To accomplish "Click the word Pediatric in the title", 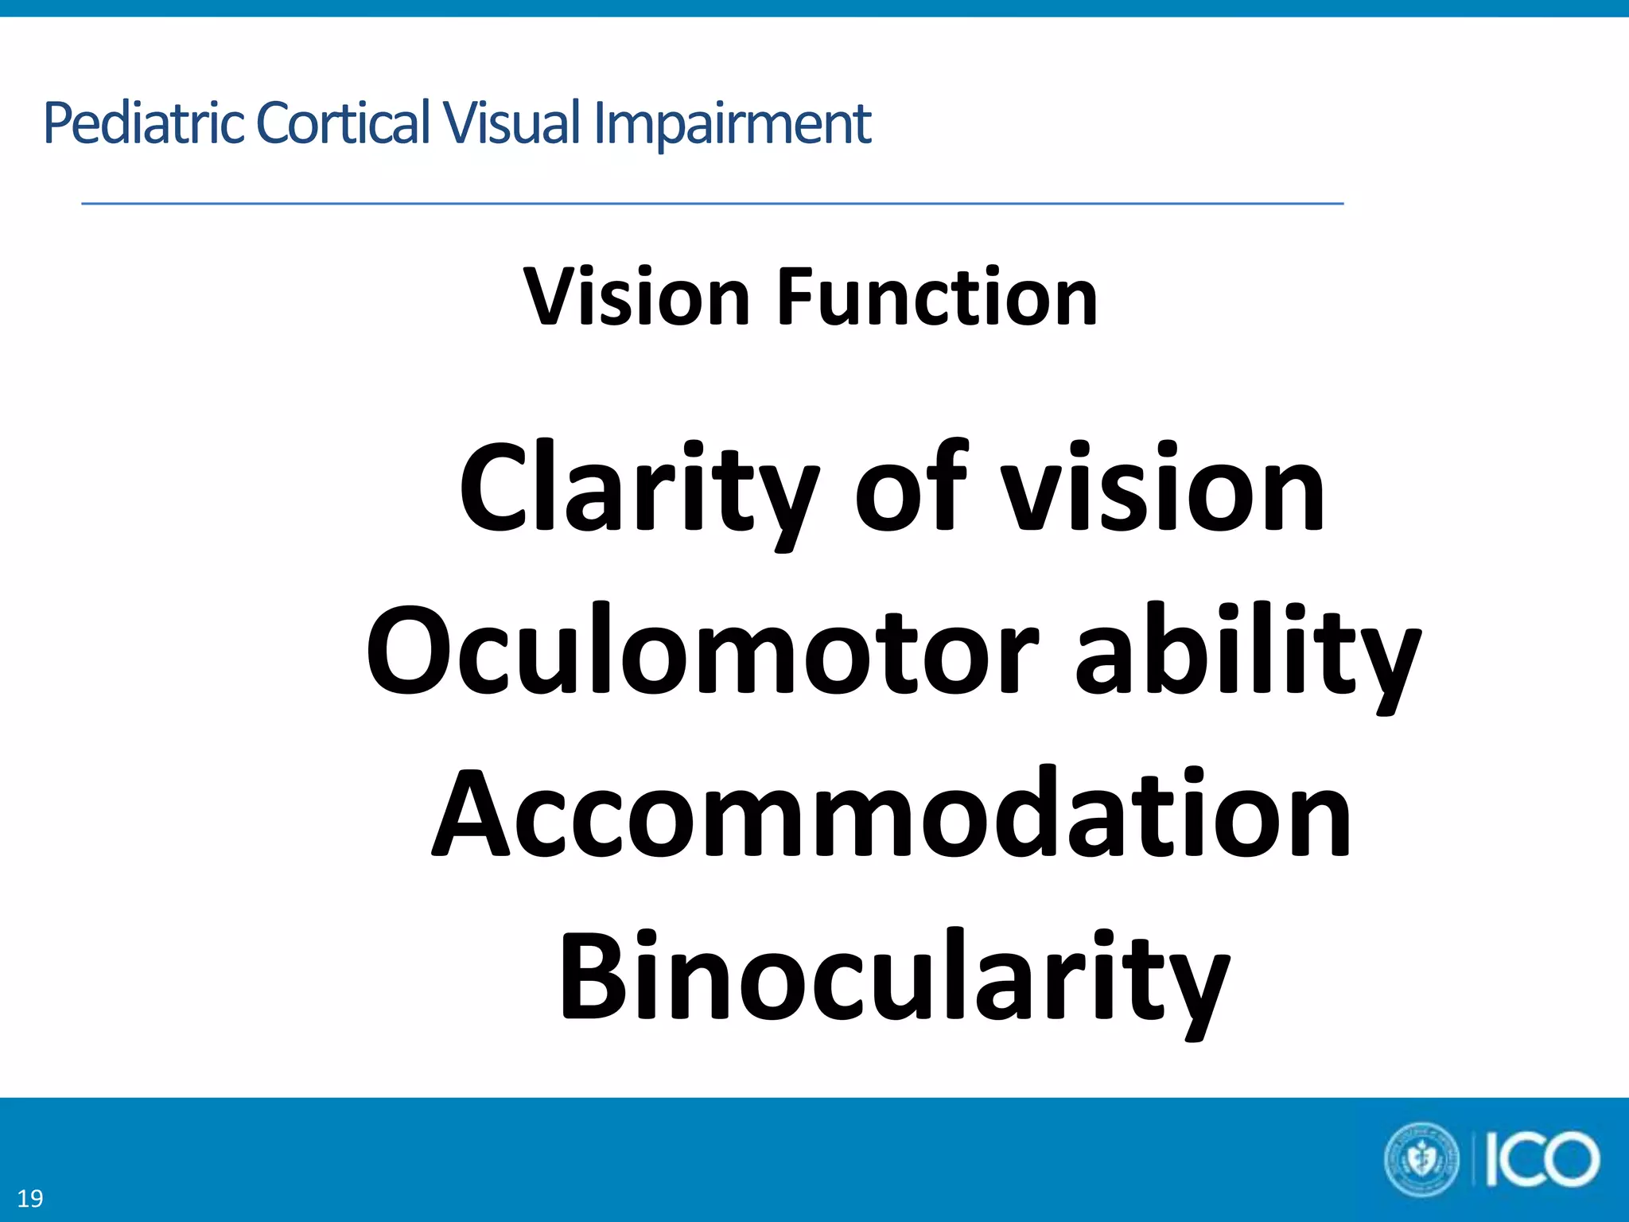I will point(143,123).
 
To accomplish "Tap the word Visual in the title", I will point(512,123).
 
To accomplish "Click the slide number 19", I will point(30,1198).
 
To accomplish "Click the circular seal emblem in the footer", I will point(1421,1159).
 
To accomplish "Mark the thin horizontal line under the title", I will point(712,204).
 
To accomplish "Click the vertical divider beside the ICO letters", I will point(1475,1160).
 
